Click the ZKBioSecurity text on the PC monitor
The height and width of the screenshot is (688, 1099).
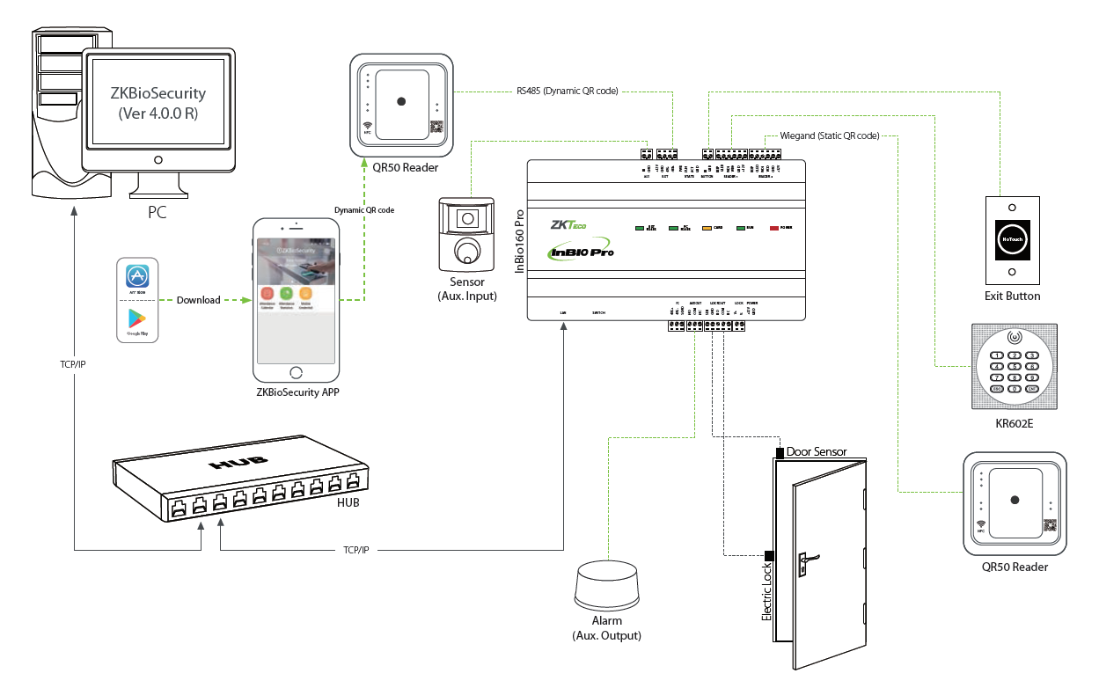click(x=158, y=92)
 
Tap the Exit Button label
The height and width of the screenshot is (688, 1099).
click(x=1012, y=296)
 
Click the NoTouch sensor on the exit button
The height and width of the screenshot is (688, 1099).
click(x=1012, y=238)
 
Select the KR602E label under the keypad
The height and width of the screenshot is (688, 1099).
click(x=1015, y=423)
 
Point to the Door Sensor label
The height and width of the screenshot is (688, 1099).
click(x=817, y=452)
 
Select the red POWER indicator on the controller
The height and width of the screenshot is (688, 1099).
click(x=774, y=228)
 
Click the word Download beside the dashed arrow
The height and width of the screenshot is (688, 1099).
click(x=198, y=300)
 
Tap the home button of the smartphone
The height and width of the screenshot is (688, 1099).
click(x=296, y=372)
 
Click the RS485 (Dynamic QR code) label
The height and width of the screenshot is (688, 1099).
click(x=567, y=91)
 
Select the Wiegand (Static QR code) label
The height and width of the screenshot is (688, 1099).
click(x=830, y=136)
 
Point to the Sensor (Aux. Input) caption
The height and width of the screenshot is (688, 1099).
click(x=467, y=289)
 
